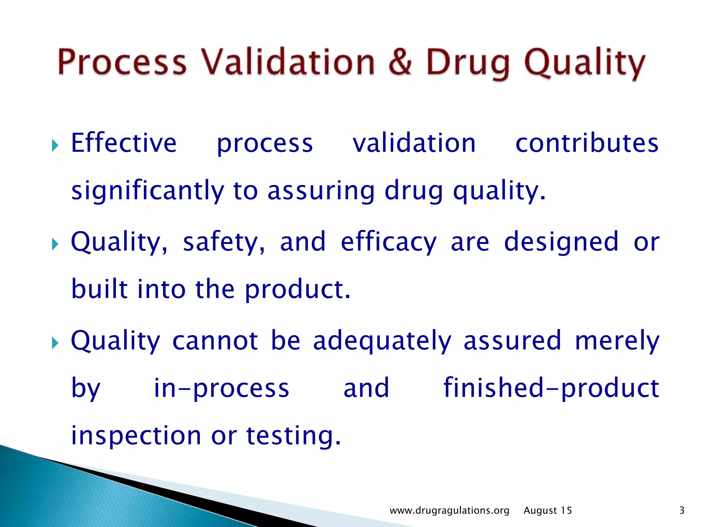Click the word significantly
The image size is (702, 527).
coord(148,191)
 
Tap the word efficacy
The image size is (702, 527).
coord(389,242)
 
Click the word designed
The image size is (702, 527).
coord(561,242)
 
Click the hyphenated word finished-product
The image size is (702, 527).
coord(551,388)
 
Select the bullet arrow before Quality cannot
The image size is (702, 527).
coord(55,343)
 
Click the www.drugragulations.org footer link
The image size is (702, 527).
coord(449,511)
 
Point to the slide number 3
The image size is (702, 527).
coord(682,511)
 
